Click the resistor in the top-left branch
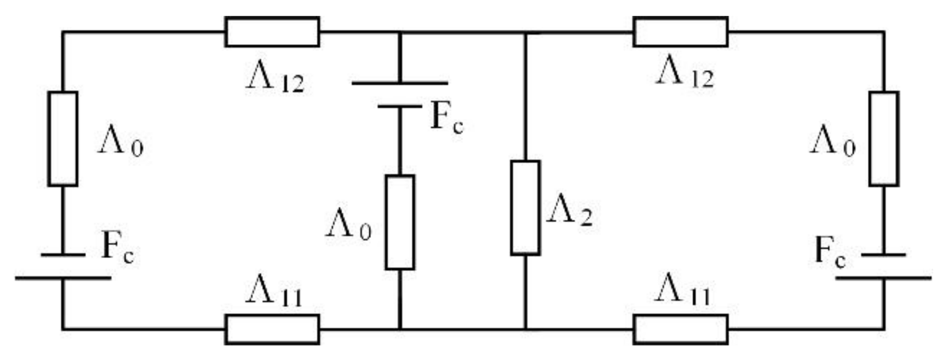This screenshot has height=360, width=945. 272,32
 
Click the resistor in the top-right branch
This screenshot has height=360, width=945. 680,32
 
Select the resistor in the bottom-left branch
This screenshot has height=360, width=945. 272,329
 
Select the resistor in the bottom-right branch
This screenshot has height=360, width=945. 680,329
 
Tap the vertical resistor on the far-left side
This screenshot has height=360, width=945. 63,139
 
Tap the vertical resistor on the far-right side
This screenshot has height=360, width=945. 884,139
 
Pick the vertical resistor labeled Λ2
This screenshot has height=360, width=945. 525,208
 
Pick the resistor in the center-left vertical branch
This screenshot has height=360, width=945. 400,222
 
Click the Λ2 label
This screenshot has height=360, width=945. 570,215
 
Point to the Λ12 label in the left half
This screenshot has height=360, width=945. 275,80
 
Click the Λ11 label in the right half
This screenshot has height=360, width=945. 682,291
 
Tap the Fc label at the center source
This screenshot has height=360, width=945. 447,119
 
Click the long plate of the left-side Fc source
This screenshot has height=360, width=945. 63,277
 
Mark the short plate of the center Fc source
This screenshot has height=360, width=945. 400,106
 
